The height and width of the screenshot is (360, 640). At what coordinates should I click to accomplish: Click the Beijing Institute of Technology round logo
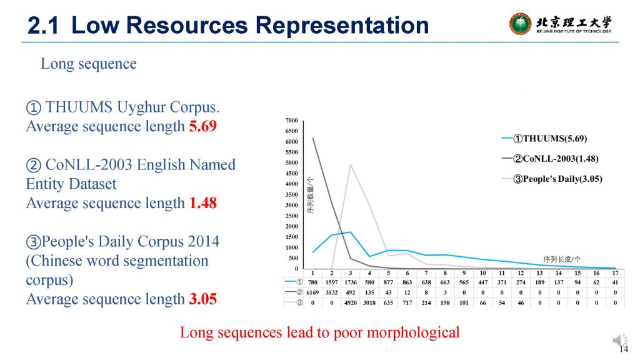(521, 24)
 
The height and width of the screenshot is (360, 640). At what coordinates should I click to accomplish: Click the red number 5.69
(203, 126)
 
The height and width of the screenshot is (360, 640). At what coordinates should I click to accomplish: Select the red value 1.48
(203, 203)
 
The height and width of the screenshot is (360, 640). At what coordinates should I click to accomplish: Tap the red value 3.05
(203, 299)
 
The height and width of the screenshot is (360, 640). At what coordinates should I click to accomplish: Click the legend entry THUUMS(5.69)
(545, 138)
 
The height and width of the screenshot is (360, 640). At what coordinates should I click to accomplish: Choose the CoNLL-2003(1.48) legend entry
(551, 159)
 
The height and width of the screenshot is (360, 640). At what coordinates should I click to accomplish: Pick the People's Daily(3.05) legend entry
(552, 179)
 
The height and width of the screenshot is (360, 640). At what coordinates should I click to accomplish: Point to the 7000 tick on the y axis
(292, 121)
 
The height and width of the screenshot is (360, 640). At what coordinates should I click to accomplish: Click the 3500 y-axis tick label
(292, 195)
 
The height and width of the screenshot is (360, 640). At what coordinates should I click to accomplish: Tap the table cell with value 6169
(312, 292)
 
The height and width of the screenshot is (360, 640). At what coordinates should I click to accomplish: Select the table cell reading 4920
(351, 303)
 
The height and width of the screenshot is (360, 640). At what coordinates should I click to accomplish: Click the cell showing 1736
(351, 282)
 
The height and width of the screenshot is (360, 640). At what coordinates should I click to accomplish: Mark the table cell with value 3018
(369, 303)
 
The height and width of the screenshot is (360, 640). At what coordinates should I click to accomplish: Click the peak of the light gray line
(351, 164)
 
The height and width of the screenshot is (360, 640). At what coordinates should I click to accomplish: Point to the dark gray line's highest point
(313, 138)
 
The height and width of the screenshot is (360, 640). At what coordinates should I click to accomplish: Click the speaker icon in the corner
(619, 339)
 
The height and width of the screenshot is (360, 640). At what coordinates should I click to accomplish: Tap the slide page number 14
(624, 349)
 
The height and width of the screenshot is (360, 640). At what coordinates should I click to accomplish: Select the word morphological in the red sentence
(413, 332)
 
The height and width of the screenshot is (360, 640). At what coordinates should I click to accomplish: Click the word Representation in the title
(342, 25)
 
